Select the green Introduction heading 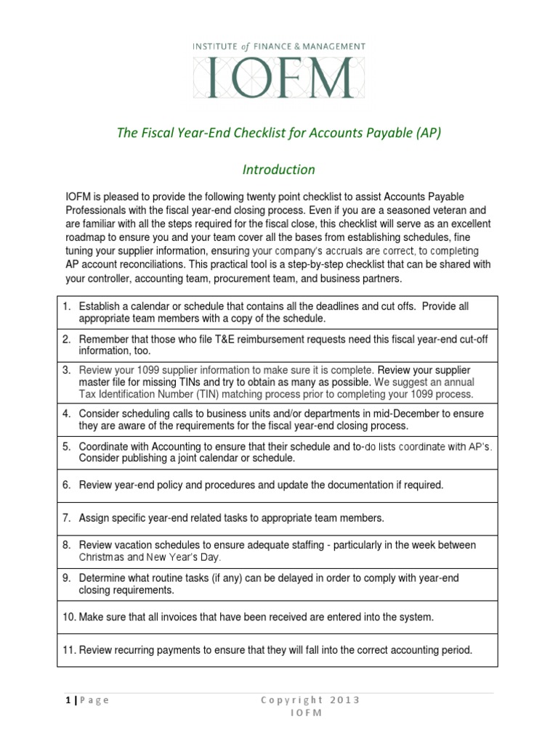tap(278, 170)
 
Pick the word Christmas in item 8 tap(101, 557)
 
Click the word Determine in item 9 tap(102, 578)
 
